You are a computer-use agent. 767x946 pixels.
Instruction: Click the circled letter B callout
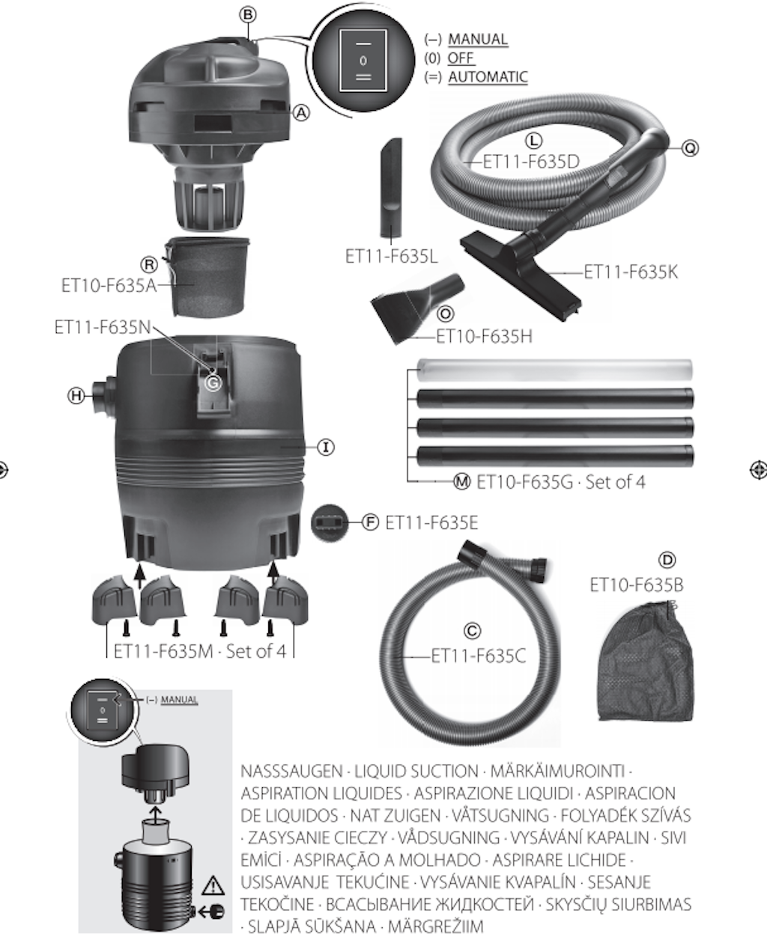click(x=248, y=15)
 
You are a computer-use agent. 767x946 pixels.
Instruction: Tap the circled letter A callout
click(x=301, y=113)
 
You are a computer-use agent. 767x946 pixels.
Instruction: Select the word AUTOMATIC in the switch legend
click(x=488, y=77)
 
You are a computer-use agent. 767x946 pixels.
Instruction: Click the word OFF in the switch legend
click(x=461, y=58)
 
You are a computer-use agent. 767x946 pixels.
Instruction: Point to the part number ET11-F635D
click(x=531, y=162)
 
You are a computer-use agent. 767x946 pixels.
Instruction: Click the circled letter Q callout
click(x=690, y=148)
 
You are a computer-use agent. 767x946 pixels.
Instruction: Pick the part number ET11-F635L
click(x=392, y=256)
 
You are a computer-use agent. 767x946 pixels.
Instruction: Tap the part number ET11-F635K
click(x=631, y=272)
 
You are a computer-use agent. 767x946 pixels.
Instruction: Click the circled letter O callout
click(x=445, y=314)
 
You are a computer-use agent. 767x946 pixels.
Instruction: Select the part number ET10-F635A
click(x=109, y=286)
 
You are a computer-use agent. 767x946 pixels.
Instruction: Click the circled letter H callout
click(x=76, y=396)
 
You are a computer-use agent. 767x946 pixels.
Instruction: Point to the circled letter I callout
click(x=326, y=448)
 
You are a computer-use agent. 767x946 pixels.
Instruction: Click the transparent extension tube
click(x=554, y=370)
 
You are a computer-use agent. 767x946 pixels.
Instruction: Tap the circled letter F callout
click(x=370, y=522)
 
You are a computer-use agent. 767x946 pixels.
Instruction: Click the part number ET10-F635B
click(x=637, y=585)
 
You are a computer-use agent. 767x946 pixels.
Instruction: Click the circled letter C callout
click(x=472, y=631)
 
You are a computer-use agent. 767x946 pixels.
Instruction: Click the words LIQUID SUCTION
click(x=416, y=771)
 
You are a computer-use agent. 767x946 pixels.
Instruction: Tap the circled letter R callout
click(x=149, y=265)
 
